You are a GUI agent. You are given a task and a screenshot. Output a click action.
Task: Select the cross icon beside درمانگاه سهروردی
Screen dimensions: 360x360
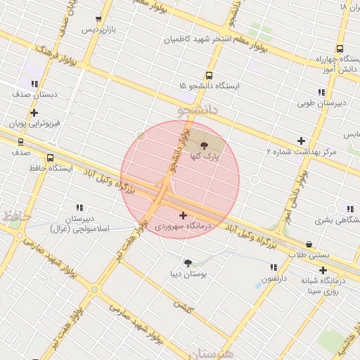(x=184, y=215)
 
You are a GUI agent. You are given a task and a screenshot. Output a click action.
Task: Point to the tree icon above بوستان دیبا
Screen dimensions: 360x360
(x=188, y=263)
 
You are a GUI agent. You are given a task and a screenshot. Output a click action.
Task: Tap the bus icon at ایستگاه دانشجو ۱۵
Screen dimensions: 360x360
(x=209, y=75)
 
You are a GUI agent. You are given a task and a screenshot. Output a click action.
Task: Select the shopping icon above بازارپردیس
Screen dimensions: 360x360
(x=98, y=19)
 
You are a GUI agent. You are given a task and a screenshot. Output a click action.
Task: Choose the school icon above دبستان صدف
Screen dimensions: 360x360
(x=34, y=84)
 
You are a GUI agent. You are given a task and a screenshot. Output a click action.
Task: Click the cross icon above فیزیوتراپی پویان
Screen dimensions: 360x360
(x=34, y=112)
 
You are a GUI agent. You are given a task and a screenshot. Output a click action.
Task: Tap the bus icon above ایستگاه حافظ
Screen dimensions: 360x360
(x=50, y=158)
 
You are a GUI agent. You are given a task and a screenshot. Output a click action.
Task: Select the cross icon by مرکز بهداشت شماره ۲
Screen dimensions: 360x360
(x=302, y=141)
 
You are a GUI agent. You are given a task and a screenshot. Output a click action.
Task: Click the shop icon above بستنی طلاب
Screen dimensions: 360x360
(x=309, y=244)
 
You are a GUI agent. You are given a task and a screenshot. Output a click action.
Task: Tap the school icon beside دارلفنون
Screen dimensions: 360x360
(x=273, y=267)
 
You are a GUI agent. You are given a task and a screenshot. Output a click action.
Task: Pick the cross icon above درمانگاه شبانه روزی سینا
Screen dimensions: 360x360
(x=323, y=270)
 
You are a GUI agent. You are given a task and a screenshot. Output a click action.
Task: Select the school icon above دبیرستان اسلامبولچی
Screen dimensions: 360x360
(x=79, y=207)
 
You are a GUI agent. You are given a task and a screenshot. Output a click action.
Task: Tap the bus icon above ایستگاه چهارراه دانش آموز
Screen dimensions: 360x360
(x=340, y=49)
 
